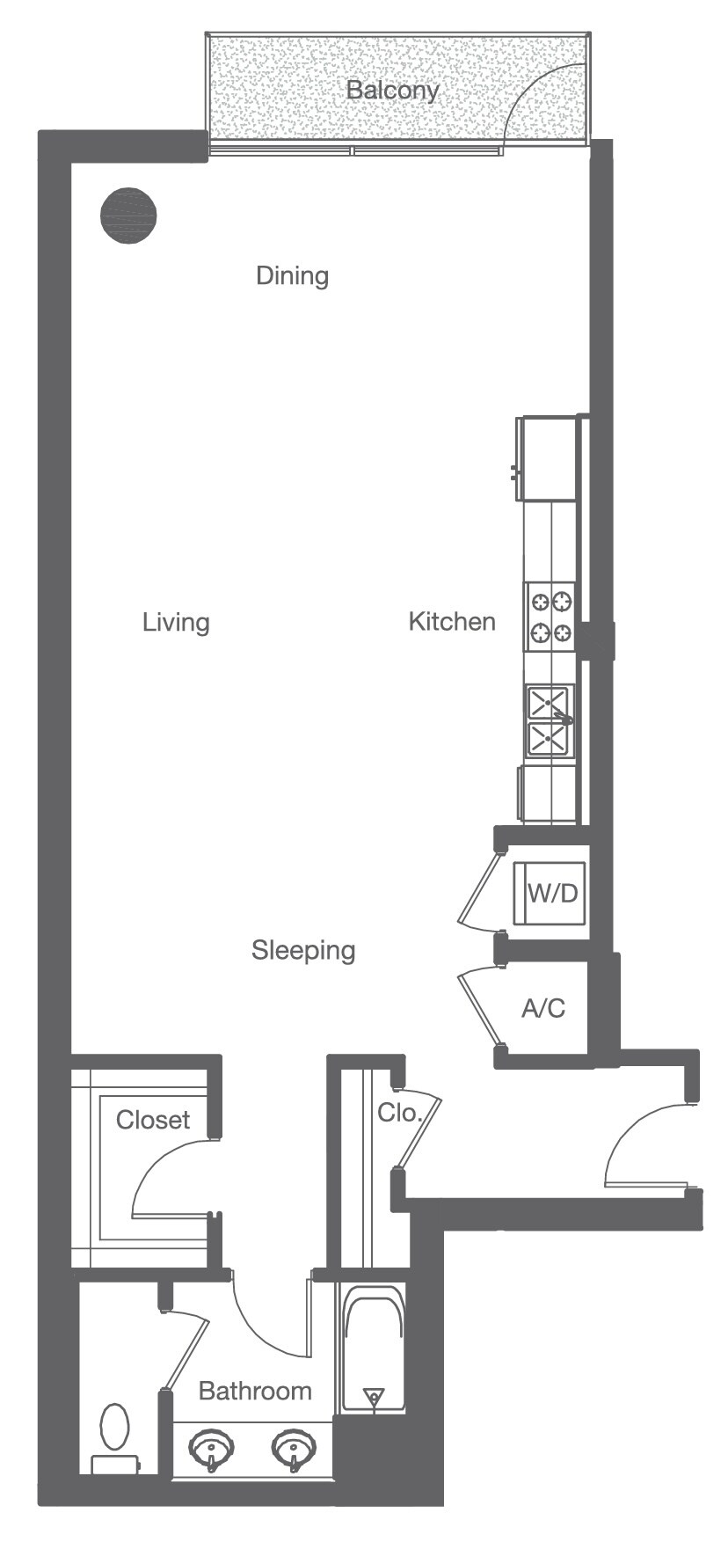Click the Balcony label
click(x=391, y=90)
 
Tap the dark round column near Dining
click(x=128, y=215)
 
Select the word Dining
click(x=292, y=276)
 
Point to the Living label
click(x=176, y=623)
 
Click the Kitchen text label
click(x=452, y=622)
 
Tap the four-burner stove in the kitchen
click(x=550, y=617)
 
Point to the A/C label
click(x=543, y=1008)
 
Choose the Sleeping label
click(x=303, y=950)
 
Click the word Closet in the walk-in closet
click(x=153, y=1120)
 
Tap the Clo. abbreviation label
click(x=399, y=1112)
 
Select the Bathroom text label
click(x=255, y=1391)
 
